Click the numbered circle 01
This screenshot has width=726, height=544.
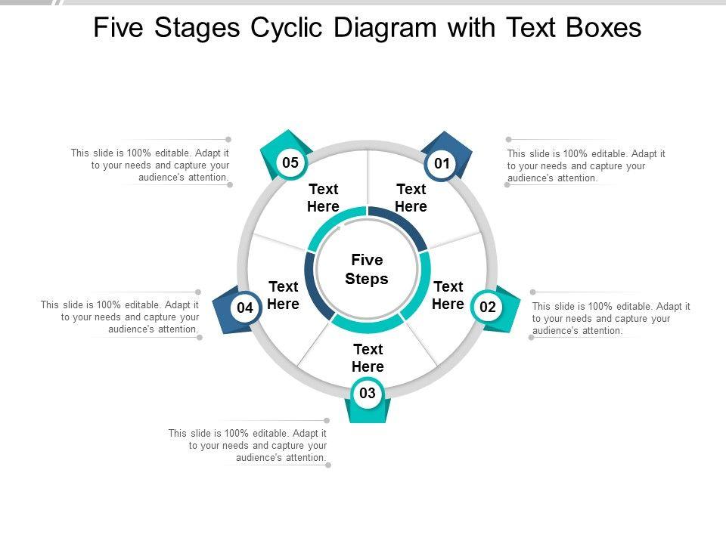coord(442,163)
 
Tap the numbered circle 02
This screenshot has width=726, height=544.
coord(488,307)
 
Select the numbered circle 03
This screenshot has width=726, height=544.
coord(368,393)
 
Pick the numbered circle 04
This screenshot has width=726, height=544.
coord(245,308)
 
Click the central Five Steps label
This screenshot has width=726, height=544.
coord(367,270)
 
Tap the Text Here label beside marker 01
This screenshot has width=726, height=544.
coord(411,198)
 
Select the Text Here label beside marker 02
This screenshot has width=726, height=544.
coord(448,295)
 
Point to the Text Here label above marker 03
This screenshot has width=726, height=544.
coord(368,358)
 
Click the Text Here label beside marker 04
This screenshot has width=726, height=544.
coord(284,295)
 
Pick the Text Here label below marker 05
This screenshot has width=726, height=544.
coord(323,198)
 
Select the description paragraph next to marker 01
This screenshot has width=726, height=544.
coord(586,166)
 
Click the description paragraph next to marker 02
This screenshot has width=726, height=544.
coord(611,319)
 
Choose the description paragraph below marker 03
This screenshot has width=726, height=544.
coord(248,446)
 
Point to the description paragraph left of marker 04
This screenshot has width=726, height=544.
coord(120,317)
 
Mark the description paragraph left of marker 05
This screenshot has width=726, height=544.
coord(150,165)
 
